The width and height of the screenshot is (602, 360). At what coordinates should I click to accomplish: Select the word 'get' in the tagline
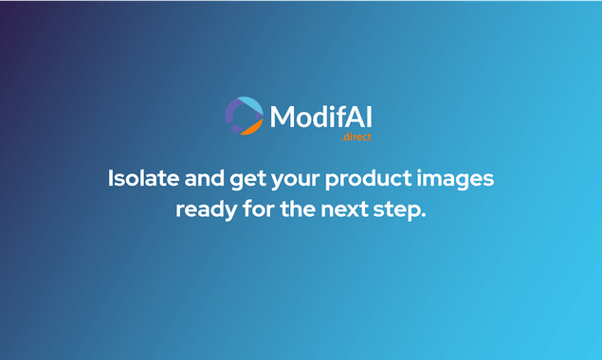tap(253, 179)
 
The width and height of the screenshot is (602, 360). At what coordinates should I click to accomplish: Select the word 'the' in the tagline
tap(302, 208)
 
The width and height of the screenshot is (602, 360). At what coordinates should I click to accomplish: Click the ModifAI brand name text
tap(320, 117)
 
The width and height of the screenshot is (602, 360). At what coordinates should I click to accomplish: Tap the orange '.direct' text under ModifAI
tap(356, 137)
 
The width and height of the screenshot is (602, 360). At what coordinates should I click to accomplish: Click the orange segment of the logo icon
tap(251, 127)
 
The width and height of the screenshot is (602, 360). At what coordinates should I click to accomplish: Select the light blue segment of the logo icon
tap(249, 103)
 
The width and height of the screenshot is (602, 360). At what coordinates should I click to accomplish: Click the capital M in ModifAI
tap(282, 117)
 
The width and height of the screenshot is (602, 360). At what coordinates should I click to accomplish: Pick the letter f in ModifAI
tap(342, 116)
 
